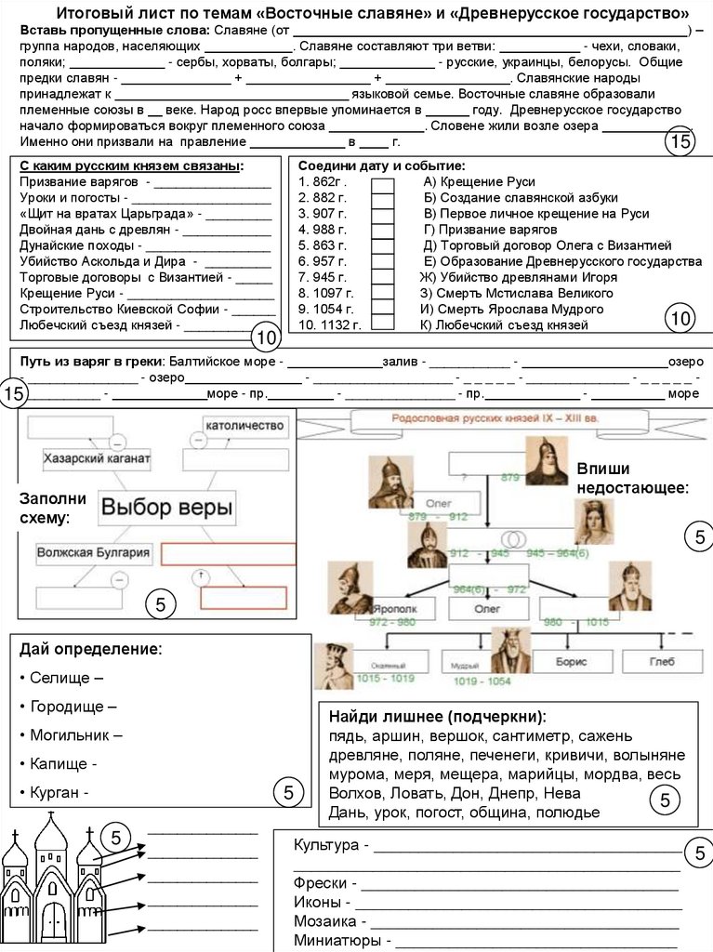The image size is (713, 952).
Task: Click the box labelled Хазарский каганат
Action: click(x=97, y=459)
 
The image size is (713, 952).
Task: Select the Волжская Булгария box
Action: click(x=93, y=553)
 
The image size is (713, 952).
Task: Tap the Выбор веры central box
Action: click(x=167, y=508)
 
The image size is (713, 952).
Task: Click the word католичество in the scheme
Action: click(x=244, y=425)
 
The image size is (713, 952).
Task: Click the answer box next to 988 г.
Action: click(x=382, y=230)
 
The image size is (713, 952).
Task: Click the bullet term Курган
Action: click(x=58, y=793)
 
